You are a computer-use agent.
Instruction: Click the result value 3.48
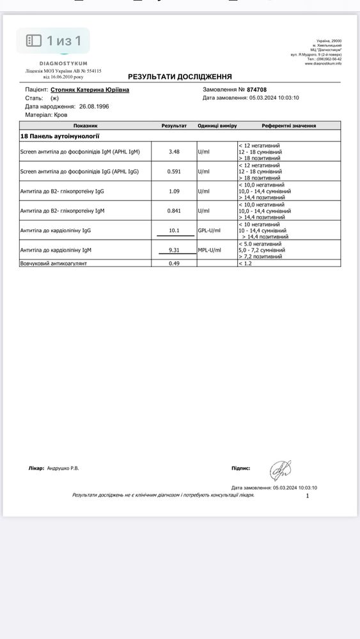(x=174, y=151)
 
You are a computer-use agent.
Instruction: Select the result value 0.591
(x=174, y=171)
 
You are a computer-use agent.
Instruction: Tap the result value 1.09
(x=174, y=191)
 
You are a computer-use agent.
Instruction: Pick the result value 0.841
(x=174, y=211)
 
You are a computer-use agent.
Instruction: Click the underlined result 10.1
(x=174, y=231)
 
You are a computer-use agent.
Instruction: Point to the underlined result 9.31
(x=174, y=250)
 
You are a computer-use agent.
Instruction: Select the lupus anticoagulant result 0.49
(x=174, y=263)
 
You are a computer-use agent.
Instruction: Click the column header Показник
(x=85, y=126)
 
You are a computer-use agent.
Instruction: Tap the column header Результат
(x=174, y=126)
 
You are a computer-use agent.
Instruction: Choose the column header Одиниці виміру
(x=217, y=126)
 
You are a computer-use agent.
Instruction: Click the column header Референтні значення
(x=288, y=126)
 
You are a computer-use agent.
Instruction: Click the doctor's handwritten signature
(x=279, y=471)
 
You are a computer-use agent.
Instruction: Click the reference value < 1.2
(x=245, y=263)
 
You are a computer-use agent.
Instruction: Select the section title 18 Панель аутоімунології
(x=60, y=136)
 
